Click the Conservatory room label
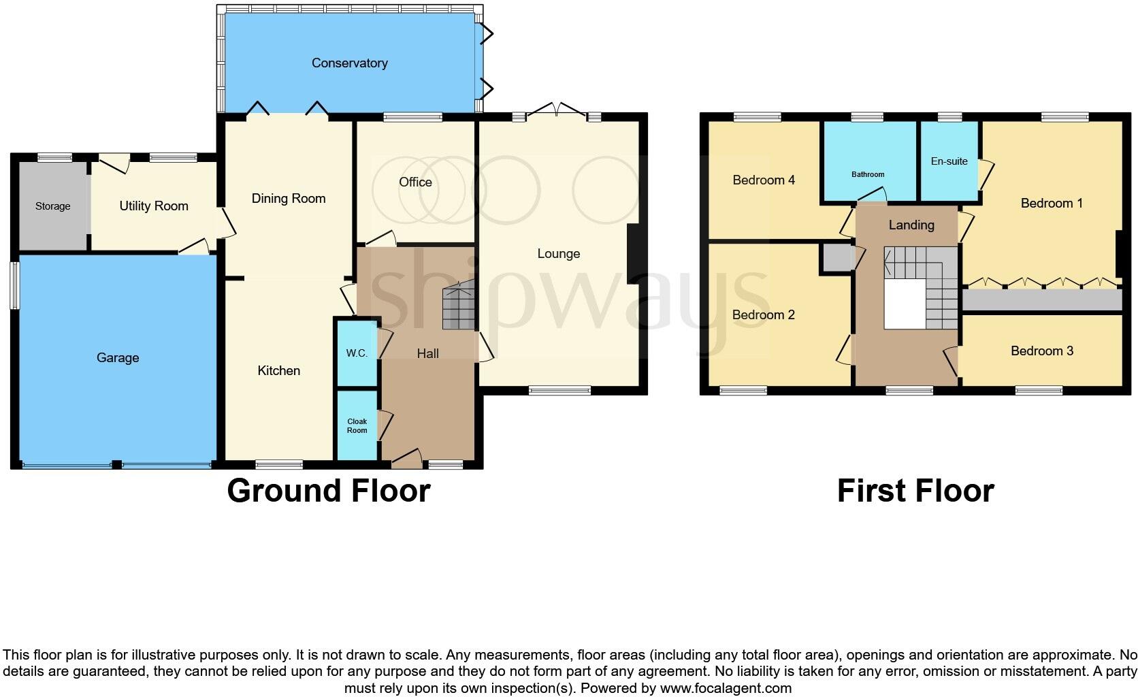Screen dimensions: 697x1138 [349, 63]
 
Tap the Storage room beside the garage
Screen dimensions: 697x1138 [52, 206]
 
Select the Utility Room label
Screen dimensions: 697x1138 [154, 206]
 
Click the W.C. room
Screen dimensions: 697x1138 [357, 353]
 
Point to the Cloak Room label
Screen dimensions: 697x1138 [357, 425]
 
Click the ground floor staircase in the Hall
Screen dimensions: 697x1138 [459, 308]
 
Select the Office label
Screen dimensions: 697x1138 [415, 182]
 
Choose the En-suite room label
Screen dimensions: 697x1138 [949, 161]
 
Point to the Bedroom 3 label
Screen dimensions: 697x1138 [1041, 351]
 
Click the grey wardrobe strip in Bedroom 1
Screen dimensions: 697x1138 [1041, 300]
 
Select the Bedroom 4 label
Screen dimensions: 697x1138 [763, 180]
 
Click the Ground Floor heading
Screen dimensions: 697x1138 [328, 491]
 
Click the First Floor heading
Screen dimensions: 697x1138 [915, 491]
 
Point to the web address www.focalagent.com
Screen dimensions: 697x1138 [726, 688]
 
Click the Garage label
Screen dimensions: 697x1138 [118, 358]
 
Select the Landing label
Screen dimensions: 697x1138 [911, 225]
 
